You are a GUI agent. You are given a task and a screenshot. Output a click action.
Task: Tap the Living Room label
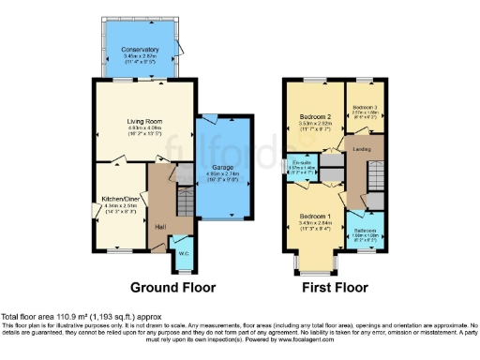145,122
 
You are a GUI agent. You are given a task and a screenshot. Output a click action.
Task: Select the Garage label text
222,167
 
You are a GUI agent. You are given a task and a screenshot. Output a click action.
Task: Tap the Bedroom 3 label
365,108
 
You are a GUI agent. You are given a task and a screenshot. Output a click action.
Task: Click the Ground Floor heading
172,287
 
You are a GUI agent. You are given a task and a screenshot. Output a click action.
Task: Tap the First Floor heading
335,287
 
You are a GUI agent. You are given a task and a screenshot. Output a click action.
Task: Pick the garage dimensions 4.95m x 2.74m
222,174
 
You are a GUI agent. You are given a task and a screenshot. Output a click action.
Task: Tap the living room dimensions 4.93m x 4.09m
145,129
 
